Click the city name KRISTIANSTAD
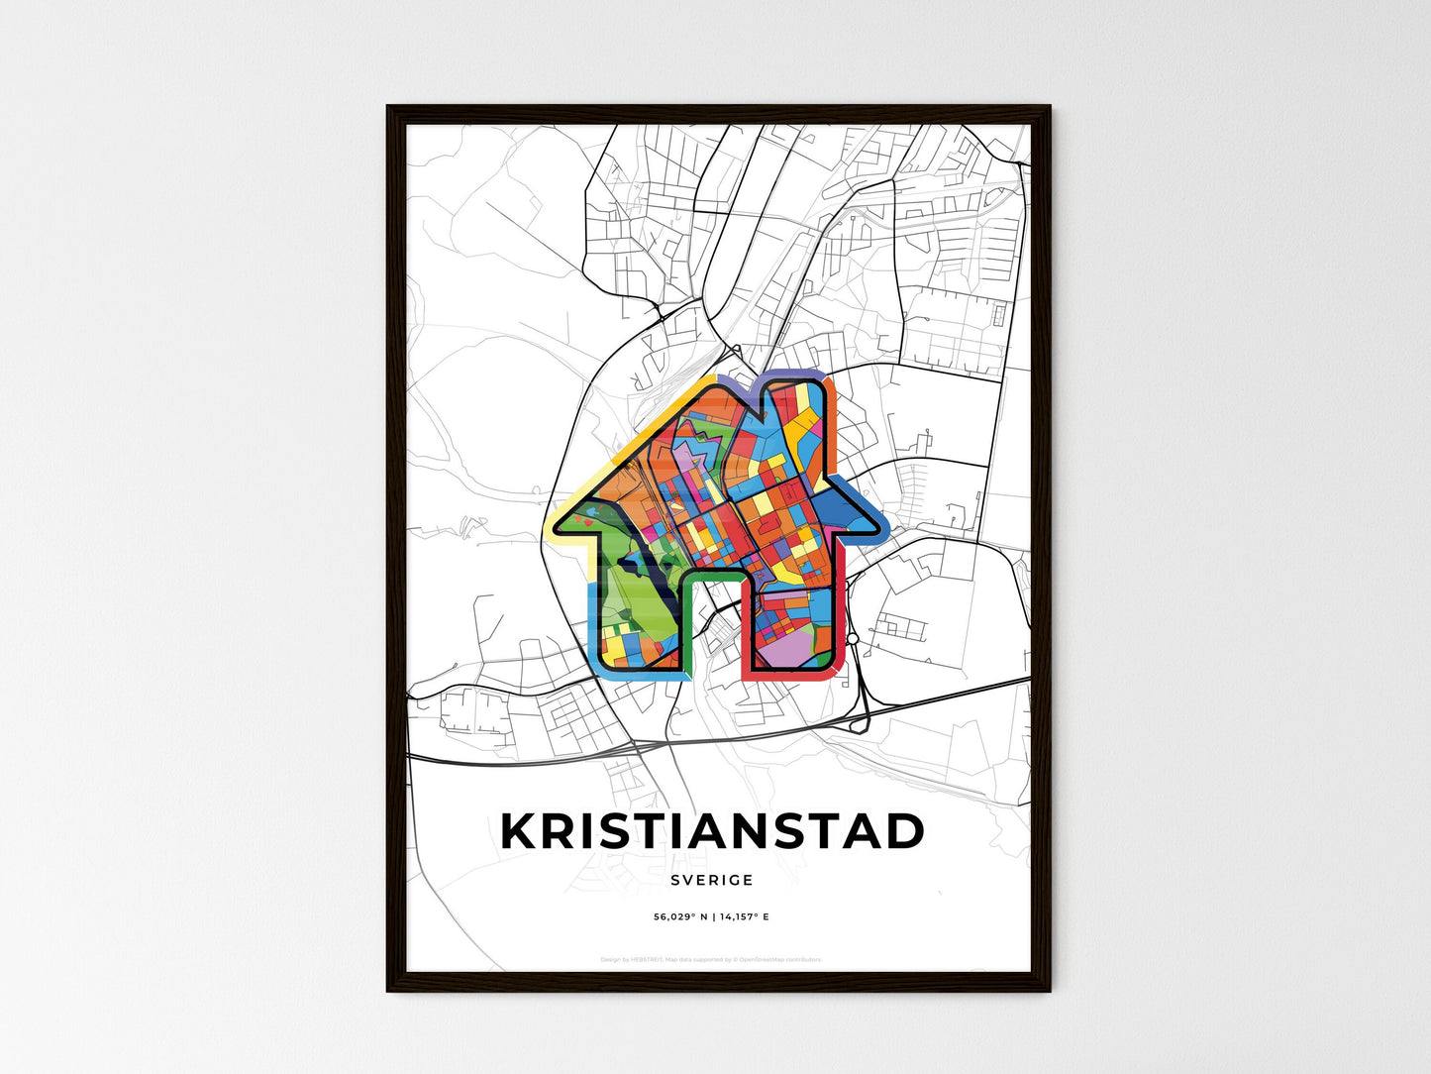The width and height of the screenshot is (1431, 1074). [x=712, y=832]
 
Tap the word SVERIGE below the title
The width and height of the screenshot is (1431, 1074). [x=711, y=880]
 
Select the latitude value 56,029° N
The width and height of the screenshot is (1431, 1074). [x=678, y=917]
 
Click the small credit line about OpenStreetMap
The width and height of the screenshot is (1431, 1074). [x=711, y=959]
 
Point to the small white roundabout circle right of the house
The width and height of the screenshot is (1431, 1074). [x=852, y=639]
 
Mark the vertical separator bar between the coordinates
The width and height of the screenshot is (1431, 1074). [x=711, y=917]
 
